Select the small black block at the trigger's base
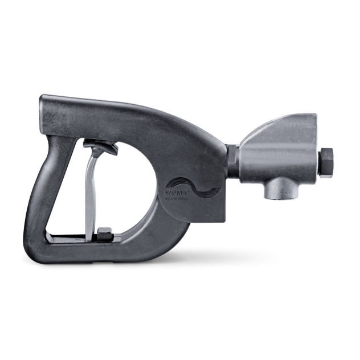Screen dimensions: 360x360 coord(104,233)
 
